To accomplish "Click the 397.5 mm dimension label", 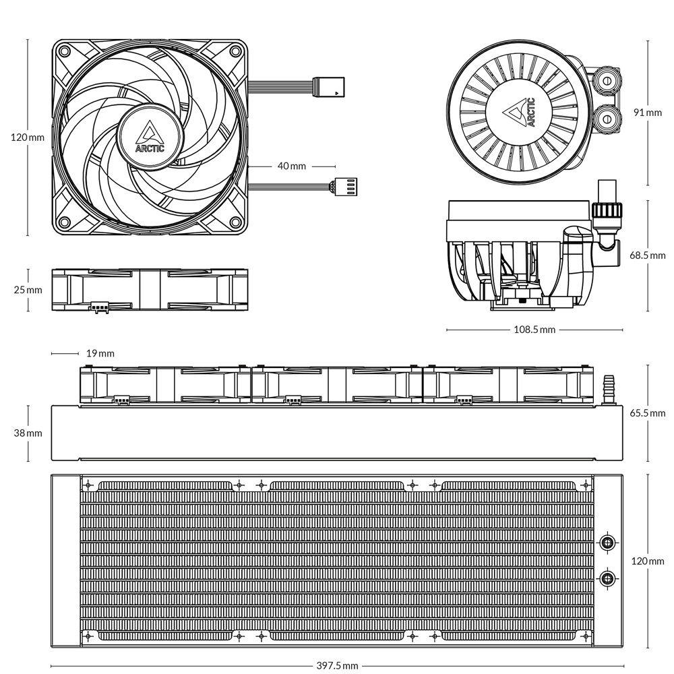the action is pyautogui.click(x=337, y=665).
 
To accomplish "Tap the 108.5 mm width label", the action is pyautogui.click(x=534, y=330).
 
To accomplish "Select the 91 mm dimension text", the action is pyautogui.click(x=648, y=112).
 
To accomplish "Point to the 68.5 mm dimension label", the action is pyautogui.click(x=647, y=255).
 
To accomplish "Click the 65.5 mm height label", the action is pyautogui.click(x=647, y=413).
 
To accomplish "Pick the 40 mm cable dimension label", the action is pyautogui.click(x=292, y=166).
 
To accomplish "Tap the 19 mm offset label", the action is pyautogui.click(x=100, y=353).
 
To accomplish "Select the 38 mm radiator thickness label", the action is pyautogui.click(x=28, y=433).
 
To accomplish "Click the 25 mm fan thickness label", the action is pyautogui.click(x=28, y=290).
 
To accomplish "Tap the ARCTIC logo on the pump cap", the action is pyautogui.click(x=519, y=113).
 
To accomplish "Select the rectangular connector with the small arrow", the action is pyautogui.click(x=329, y=86).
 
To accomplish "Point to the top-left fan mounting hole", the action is pyautogui.click(x=65, y=52).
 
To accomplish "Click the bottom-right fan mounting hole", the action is pyautogui.click(x=235, y=222).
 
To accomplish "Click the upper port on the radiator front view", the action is pyautogui.click(x=607, y=542).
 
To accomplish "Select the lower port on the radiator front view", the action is pyautogui.click(x=607, y=578).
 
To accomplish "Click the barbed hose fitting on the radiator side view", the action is pyautogui.click(x=609, y=389).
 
